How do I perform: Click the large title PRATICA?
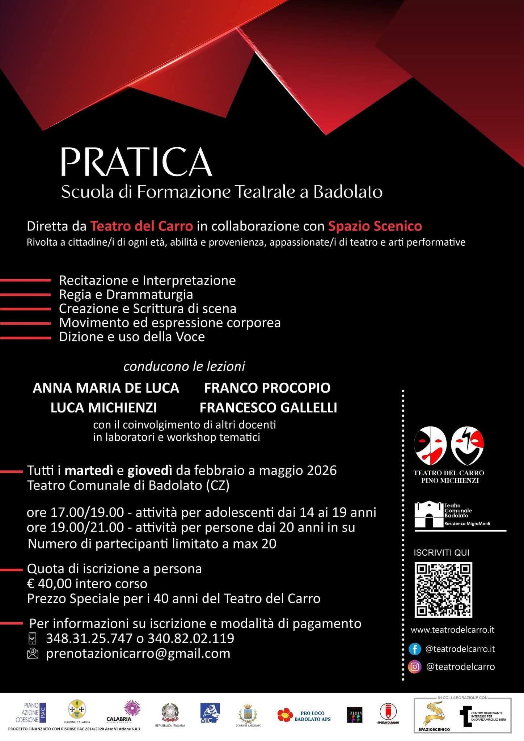tap(136, 162)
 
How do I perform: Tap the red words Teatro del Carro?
tap(141, 226)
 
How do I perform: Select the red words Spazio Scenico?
tap(375, 226)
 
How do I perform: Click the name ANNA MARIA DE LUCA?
tap(106, 388)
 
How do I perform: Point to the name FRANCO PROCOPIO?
tap(267, 388)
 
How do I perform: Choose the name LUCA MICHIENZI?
tap(103, 408)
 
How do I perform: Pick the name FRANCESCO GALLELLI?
tap(268, 408)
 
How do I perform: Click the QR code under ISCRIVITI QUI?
tap(443, 590)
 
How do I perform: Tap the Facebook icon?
tap(415, 649)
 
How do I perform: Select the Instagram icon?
tap(415, 666)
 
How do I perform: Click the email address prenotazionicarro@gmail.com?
tap(138, 653)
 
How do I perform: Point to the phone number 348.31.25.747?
tap(89, 638)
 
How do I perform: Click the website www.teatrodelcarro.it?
tap(452, 630)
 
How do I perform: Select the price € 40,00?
tap(51, 584)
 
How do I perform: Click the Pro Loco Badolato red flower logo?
tap(285, 715)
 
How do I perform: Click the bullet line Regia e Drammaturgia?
tap(126, 295)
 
